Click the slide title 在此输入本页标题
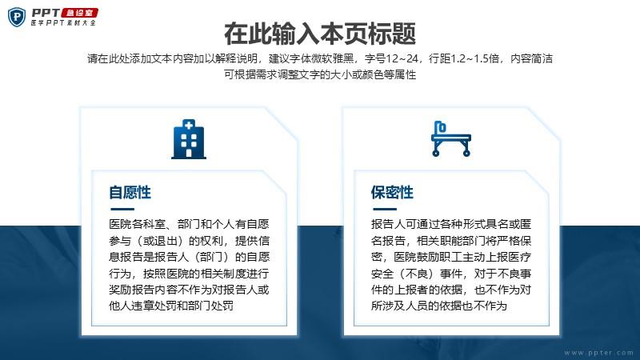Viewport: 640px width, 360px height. point(320,34)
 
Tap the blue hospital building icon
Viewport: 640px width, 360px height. point(189,139)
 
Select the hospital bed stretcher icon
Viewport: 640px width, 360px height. point(451,138)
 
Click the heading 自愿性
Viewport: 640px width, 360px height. point(130,192)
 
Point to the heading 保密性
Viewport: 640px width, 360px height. point(392,192)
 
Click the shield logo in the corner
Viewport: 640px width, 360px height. point(17,17)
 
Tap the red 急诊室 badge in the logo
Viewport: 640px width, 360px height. point(79,13)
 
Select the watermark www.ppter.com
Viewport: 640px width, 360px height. point(598,352)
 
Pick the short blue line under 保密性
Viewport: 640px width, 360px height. point(385,209)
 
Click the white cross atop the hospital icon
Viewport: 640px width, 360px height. point(189,126)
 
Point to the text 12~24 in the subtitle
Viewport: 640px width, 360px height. point(402,58)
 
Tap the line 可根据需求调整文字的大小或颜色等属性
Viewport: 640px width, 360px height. point(320,74)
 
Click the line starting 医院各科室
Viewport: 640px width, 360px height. point(189,224)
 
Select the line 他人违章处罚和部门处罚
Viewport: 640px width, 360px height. point(171,306)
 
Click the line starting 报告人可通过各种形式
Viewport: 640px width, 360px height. point(451,224)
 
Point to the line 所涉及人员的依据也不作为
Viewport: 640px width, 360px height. point(438,306)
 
